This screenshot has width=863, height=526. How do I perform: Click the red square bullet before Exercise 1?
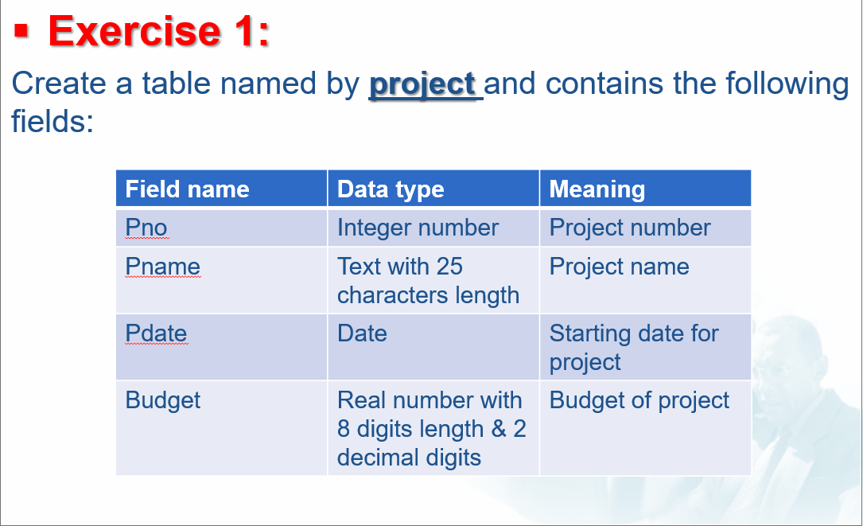(21, 31)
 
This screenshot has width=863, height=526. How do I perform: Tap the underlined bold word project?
(422, 84)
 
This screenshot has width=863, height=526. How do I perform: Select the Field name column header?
(221, 189)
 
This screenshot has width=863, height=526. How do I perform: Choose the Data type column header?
(433, 189)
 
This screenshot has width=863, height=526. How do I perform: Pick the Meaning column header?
(645, 189)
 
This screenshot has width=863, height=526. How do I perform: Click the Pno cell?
(221, 228)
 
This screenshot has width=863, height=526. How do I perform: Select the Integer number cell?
(433, 228)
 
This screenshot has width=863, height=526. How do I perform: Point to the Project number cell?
(645, 228)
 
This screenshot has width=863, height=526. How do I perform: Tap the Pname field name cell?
(221, 280)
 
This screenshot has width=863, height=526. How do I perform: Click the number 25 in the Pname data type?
(449, 267)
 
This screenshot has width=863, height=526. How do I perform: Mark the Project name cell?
(645, 280)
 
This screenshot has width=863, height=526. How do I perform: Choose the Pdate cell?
(221, 347)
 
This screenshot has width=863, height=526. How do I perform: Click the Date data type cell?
(433, 347)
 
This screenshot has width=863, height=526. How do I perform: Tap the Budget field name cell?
(221, 428)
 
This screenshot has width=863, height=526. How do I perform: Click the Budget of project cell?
(645, 428)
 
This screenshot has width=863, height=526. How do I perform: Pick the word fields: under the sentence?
(52, 121)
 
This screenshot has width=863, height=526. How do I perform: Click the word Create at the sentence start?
(59, 84)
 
